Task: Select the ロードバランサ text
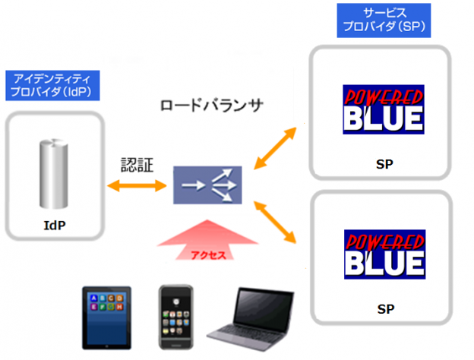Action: point(211,105)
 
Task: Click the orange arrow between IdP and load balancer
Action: point(137,185)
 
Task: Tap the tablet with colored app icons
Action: point(107,317)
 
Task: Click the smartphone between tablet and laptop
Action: point(175,317)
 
